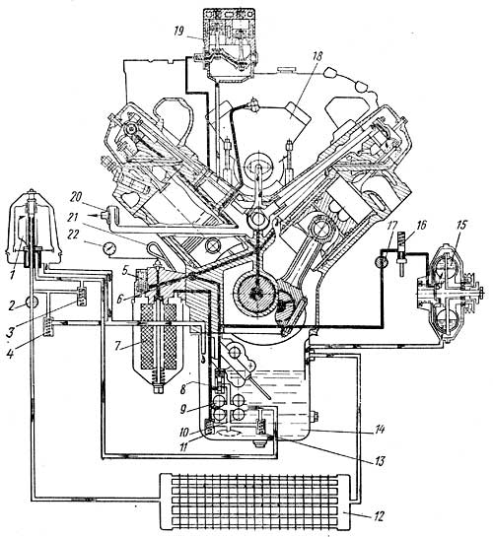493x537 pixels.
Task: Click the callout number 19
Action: [x=178, y=32]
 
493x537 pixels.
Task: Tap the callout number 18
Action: [x=317, y=56]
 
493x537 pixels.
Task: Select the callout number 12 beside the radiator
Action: [x=378, y=516]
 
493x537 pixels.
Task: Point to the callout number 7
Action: [x=117, y=346]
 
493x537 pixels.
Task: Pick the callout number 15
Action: [x=460, y=226]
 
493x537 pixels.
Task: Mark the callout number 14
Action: [x=381, y=430]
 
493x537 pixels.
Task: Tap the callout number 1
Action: [x=13, y=274]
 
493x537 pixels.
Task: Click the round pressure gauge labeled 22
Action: [x=108, y=248]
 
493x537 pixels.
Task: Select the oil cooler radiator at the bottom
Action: [x=255, y=501]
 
